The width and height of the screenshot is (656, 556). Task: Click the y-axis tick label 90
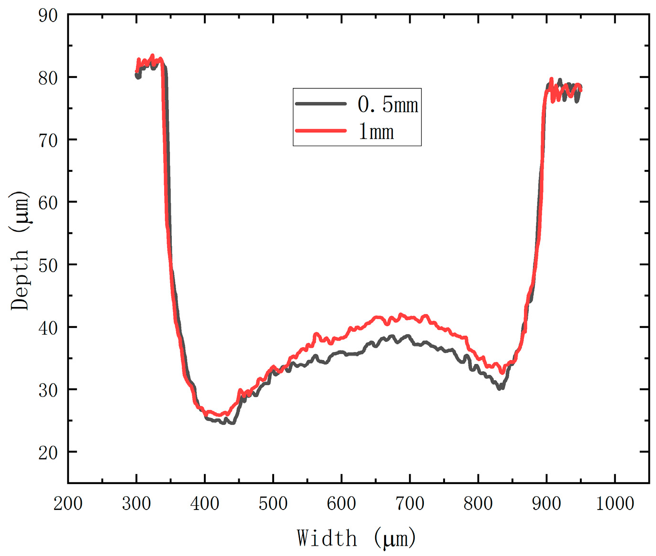[x=48, y=15]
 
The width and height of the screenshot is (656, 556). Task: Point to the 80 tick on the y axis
[x=48, y=78]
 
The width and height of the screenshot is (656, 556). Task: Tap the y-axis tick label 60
[x=48, y=203]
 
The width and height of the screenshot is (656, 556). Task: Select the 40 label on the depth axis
[x=48, y=328]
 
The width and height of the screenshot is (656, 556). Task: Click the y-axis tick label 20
[x=48, y=453]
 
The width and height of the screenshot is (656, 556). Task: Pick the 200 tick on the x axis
[x=68, y=503]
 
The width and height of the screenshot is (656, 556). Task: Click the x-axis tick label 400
[x=205, y=503]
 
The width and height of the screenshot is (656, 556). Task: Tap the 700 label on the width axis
[x=410, y=503]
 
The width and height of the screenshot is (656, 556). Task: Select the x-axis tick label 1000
[x=615, y=503]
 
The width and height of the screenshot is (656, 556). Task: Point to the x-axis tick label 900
[x=546, y=503]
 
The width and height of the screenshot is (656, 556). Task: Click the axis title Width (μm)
[x=356, y=538]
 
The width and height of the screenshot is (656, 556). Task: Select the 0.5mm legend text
[x=388, y=104]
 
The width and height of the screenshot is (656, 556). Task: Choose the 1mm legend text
[x=376, y=131]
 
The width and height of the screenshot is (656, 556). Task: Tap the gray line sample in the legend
[x=321, y=103]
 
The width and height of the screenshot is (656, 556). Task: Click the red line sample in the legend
[x=321, y=130]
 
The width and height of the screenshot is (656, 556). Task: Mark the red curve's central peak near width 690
[x=401, y=315]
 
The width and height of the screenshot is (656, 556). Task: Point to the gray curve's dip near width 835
[x=500, y=388]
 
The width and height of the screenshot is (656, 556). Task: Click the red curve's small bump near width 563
[x=316, y=334]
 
